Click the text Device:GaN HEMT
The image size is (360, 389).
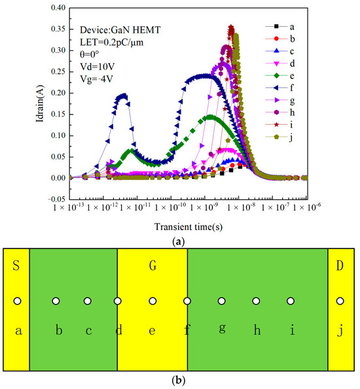[x=117, y=30]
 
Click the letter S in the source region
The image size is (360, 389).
[x=16, y=266]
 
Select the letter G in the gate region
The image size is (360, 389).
[x=152, y=266]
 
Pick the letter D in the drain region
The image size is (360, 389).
[x=340, y=266]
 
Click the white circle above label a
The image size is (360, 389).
[x=18, y=301]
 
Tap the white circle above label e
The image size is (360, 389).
[x=153, y=301]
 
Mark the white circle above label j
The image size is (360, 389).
[x=340, y=301]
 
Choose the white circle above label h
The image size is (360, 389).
[x=256, y=301]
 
